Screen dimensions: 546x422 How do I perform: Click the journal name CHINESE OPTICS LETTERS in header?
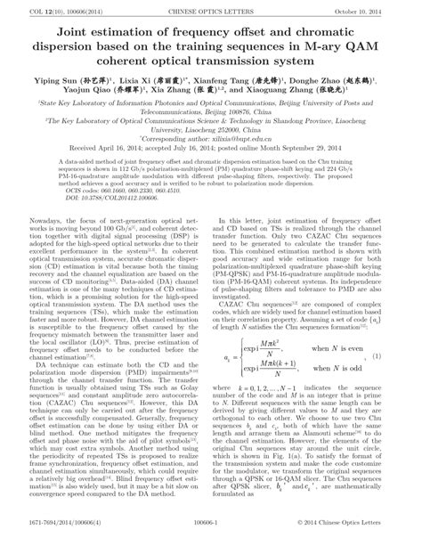pyautogui.click(x=211, y=10)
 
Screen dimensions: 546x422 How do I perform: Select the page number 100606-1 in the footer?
pyautogui.click(x=212, y=538)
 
